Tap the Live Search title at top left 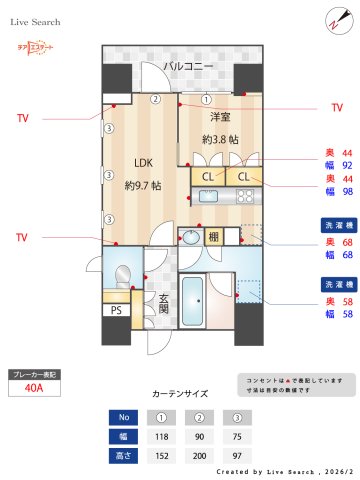pyautogui.click(x=37, y=20)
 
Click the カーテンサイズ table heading pyautogui.click(x=179, y=394)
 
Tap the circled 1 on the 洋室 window pyautogui.click(x=206, y=99)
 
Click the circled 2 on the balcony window pyautogui.click(x=156, y=99)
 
